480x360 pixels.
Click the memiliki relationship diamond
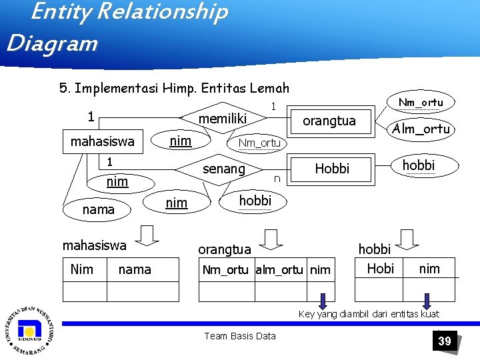coord(223,119)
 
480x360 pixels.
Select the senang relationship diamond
coord(223,169)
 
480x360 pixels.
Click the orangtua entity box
coord(329,121)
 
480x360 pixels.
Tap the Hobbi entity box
coord(332,169)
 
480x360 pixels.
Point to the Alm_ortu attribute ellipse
coord(420,129)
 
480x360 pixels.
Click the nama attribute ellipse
coord(98,209)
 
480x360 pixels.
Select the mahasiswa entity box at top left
coord(102,141)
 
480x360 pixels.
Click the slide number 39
coord(445,341)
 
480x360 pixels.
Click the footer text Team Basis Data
coord(240,336)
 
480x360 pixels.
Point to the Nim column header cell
coord(82,269)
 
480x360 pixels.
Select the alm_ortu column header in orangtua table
coord(281,269)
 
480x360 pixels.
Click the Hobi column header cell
coord(380,268)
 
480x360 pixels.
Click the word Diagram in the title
coord(52,44)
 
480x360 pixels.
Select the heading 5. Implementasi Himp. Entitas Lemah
coord(174,88)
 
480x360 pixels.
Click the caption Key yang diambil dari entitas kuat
coord(369,314)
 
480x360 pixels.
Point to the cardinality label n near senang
coord(276,179)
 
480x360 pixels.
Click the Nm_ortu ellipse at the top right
coord(421,102)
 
